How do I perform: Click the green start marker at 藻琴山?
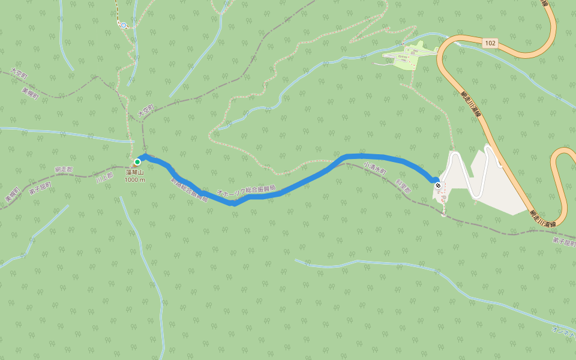click(137, 162)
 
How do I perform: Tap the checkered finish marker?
click(438, 185)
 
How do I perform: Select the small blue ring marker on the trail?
click(124, 25)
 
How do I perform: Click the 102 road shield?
click(490, 43)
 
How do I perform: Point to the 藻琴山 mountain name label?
click(135, 172)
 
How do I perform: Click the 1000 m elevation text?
click(135, 179)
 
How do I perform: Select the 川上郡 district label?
click(104, 178)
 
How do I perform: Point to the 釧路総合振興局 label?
click(188, 190)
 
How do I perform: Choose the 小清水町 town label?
click(375, 168)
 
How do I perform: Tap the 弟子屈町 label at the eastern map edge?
click(564, 242)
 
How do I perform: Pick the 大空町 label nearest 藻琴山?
click(146, 109)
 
